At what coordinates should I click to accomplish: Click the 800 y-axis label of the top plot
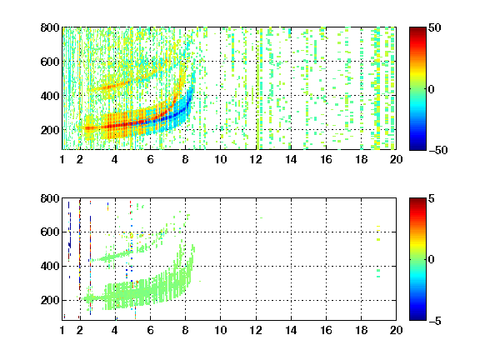pyautogui.click(x=50, y=27)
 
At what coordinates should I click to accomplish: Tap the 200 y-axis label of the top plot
pyautogui.click(x=50, y=130)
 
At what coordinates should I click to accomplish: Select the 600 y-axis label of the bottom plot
pyautogui.click(x=50, y=232)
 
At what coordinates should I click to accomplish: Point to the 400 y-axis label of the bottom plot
pyautogui.click(x=50, y=266)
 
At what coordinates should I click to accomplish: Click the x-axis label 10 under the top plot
pyautogui.click(x=220, y=159)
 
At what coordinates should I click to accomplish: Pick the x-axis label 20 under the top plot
pyautogui.click(x=396, y=159)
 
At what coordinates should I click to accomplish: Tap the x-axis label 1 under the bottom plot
pyautogui.click(x=62, y=330)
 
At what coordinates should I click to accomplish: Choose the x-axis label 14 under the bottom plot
pyautogui.click(x=291, y=330)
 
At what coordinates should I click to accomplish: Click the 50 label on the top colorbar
pyautogui.click(x=435, y=27)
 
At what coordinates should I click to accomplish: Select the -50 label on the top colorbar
pyautogui.click(x=438, y=150)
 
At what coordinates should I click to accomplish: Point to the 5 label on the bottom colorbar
pyautogui.click(x=432, y=198)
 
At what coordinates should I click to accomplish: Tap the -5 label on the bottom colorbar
pyautogui.click(x=435, y=321)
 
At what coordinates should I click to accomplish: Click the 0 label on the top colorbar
pyautogui.click(x=432, y=89)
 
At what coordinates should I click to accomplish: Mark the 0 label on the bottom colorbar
pyautogui.click(x=432, y=260)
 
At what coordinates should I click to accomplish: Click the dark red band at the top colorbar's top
pyautogui.click(x=417, y=31)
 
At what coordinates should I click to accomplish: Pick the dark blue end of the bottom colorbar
pyautogui.click(x=417, y=317)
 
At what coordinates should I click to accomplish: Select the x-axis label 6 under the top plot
pyautogui.click(x=150, y=159)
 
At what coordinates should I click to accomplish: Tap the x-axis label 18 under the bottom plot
pyautogui.click(x=361, y=330)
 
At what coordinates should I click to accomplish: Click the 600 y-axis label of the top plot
pyautogui.click(x=50, y=62)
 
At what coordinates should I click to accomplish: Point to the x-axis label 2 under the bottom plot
pyautogui.click(x=80, y=330)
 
